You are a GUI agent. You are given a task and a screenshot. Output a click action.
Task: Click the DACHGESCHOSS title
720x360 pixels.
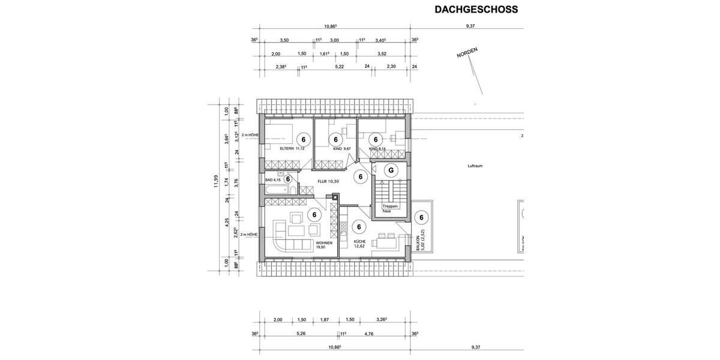tap(475, 10)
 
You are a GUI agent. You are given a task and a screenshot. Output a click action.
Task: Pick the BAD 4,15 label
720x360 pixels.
tap(274, 179)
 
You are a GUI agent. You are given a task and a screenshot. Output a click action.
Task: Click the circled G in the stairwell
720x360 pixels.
tap(391, 170)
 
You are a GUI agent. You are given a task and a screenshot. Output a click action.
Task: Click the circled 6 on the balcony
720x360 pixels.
tap(421, 218)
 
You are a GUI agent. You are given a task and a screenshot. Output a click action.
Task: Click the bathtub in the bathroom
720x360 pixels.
tap(275, 190)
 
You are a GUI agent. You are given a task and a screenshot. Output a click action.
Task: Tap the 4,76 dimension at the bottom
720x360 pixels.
tap(369, 334)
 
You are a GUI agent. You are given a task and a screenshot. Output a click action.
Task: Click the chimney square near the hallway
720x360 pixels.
tap(334, 195)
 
